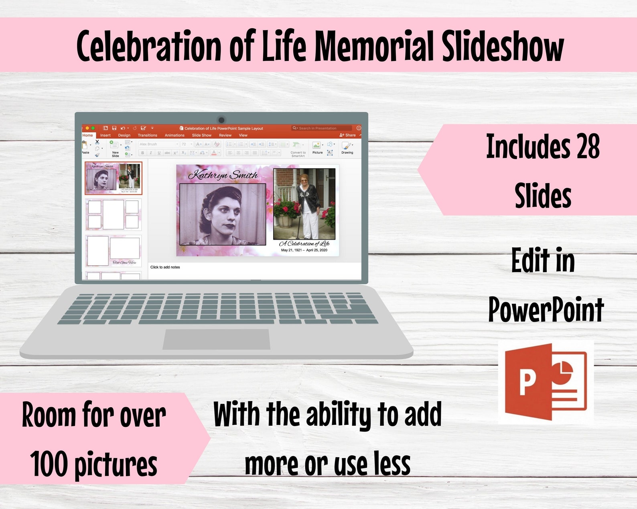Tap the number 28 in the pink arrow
pyautogui.click(x=588, y=147)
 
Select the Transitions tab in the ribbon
pyautogui.click(x=147, y=135)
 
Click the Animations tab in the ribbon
pyautogui.click(x=174, y=135)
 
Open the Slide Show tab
pyautogui.click(x=201, y=135)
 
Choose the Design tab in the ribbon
pyautogui.click(x=124, y=135)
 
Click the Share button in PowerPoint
pyautogui.click(x=348, y=135)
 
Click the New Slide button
pyautogui.click(x=115, y=148)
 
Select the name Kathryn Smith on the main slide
pyautogui.click(x=223, y=175)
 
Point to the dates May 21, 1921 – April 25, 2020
pyautogui.click(x=304, y=250)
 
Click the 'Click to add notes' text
pyautogui.click(x=165, y=267)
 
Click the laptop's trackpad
pyautogui.click(x=216, y=339)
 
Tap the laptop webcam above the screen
pyautogui.click(x=221, y=119)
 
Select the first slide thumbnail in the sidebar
pyautogui.click(x=114, y=178)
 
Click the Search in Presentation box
pyautogui.click(x=321, y=128)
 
